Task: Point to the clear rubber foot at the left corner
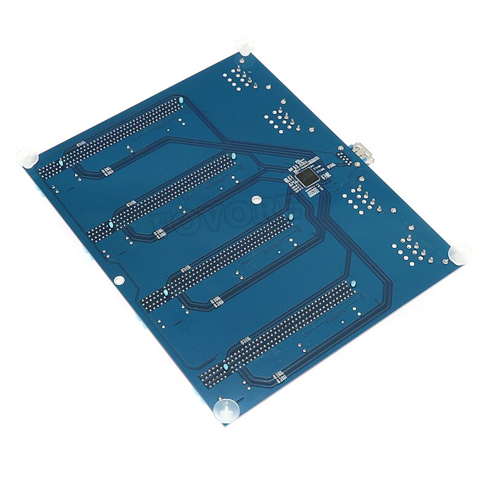click(x=26, y=157)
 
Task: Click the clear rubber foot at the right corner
click(x=460, y=253)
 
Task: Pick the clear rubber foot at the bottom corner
click(x=226, y=409)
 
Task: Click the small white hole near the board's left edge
click(x=120, y=280)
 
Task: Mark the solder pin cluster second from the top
click(x=280, y=120)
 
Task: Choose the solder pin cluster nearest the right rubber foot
click(x=412, y=250)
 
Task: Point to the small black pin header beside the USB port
click(x=343, y=157)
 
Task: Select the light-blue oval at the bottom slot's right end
click(x=353, y=283)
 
